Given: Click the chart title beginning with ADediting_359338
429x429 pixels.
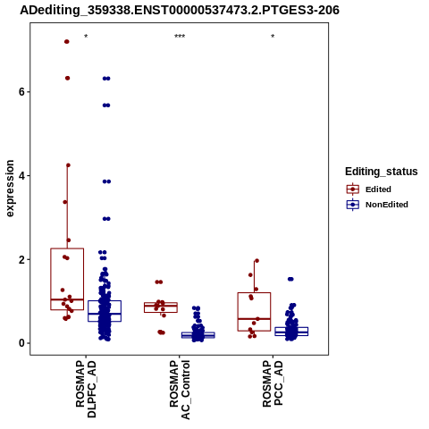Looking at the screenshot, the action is coord(180,10).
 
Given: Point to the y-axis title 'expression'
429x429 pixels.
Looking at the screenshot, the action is coord(10,189).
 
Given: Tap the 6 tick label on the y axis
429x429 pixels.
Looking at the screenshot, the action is coord(21,92).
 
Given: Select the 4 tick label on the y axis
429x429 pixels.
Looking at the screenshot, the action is coord(21,175).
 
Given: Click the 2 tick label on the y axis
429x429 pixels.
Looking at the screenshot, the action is coord(21,259).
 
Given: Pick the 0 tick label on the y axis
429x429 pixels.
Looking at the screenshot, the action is coord(21,343).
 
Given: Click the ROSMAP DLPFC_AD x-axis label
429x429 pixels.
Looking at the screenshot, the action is coord(86,389).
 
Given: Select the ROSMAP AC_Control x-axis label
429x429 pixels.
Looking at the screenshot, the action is coord(180,390).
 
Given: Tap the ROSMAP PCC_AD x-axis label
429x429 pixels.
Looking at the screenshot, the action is coord(273,383).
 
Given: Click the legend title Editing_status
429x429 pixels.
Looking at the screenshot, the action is coord(382,172).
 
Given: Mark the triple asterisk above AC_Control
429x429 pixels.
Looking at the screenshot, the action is coord(180,37).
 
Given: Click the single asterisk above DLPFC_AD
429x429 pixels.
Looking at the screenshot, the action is coord(86,37).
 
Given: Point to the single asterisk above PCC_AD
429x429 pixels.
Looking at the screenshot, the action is coord(273,37).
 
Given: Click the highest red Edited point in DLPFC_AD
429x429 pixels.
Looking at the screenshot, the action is coord(67,42).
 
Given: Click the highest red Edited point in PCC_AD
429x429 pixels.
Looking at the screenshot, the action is coord(257,261).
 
